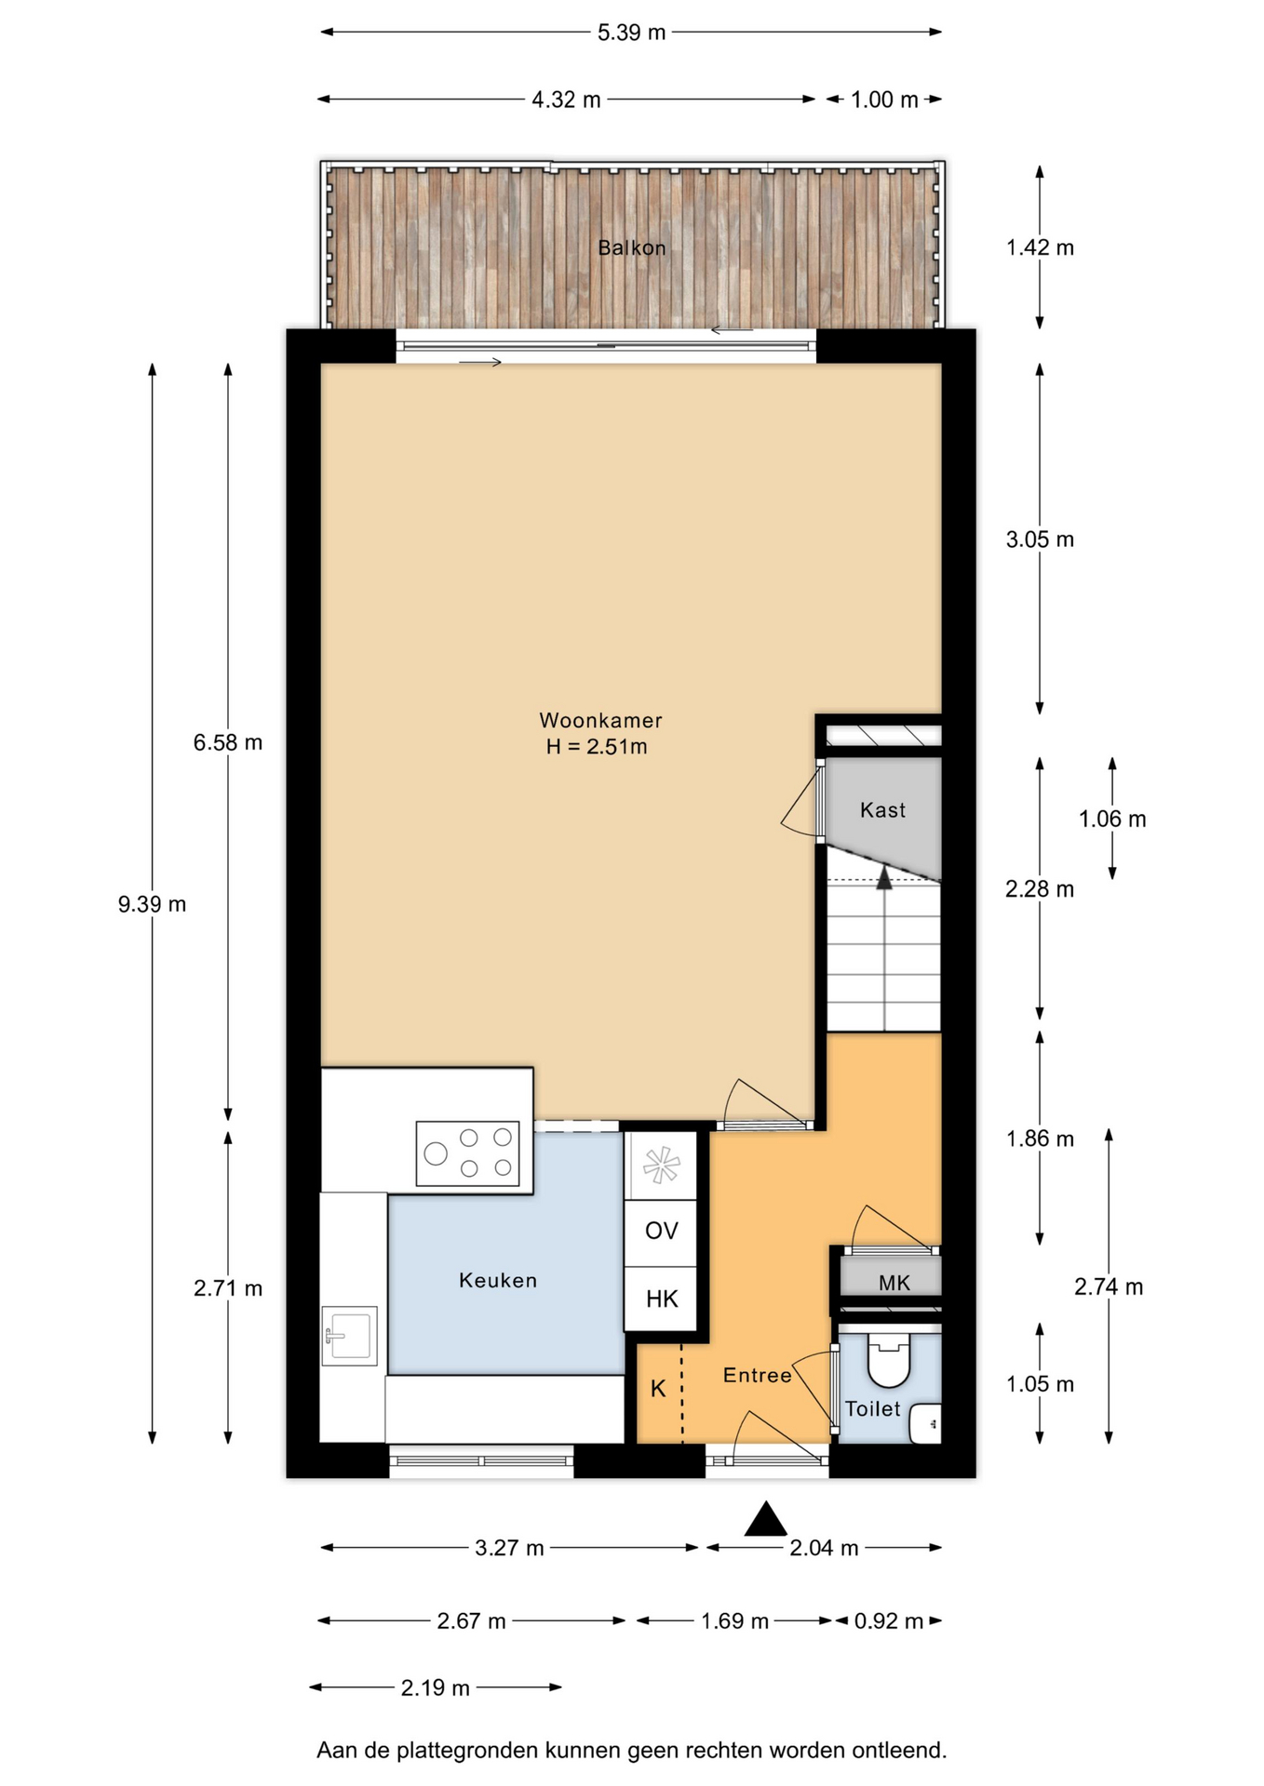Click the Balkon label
point(631,247)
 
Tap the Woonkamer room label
point(600,720)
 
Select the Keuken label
point(498,1280)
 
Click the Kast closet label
point(882,810)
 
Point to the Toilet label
point(873,1408)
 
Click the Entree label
point(758,1375)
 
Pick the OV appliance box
point(661,1232)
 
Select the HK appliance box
point(661,1300)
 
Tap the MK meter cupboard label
point(894,1284)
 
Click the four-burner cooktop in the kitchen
point(467,1153)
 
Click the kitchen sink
point(349,1336)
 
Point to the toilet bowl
point(888,1361)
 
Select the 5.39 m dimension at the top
point(631,33)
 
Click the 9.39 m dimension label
point(152,904)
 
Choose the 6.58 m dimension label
point(228,742)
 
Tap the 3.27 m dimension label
point(509,1548)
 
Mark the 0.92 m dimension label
point(889,1621)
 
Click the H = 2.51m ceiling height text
point(597,746)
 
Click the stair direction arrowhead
point(884,877)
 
